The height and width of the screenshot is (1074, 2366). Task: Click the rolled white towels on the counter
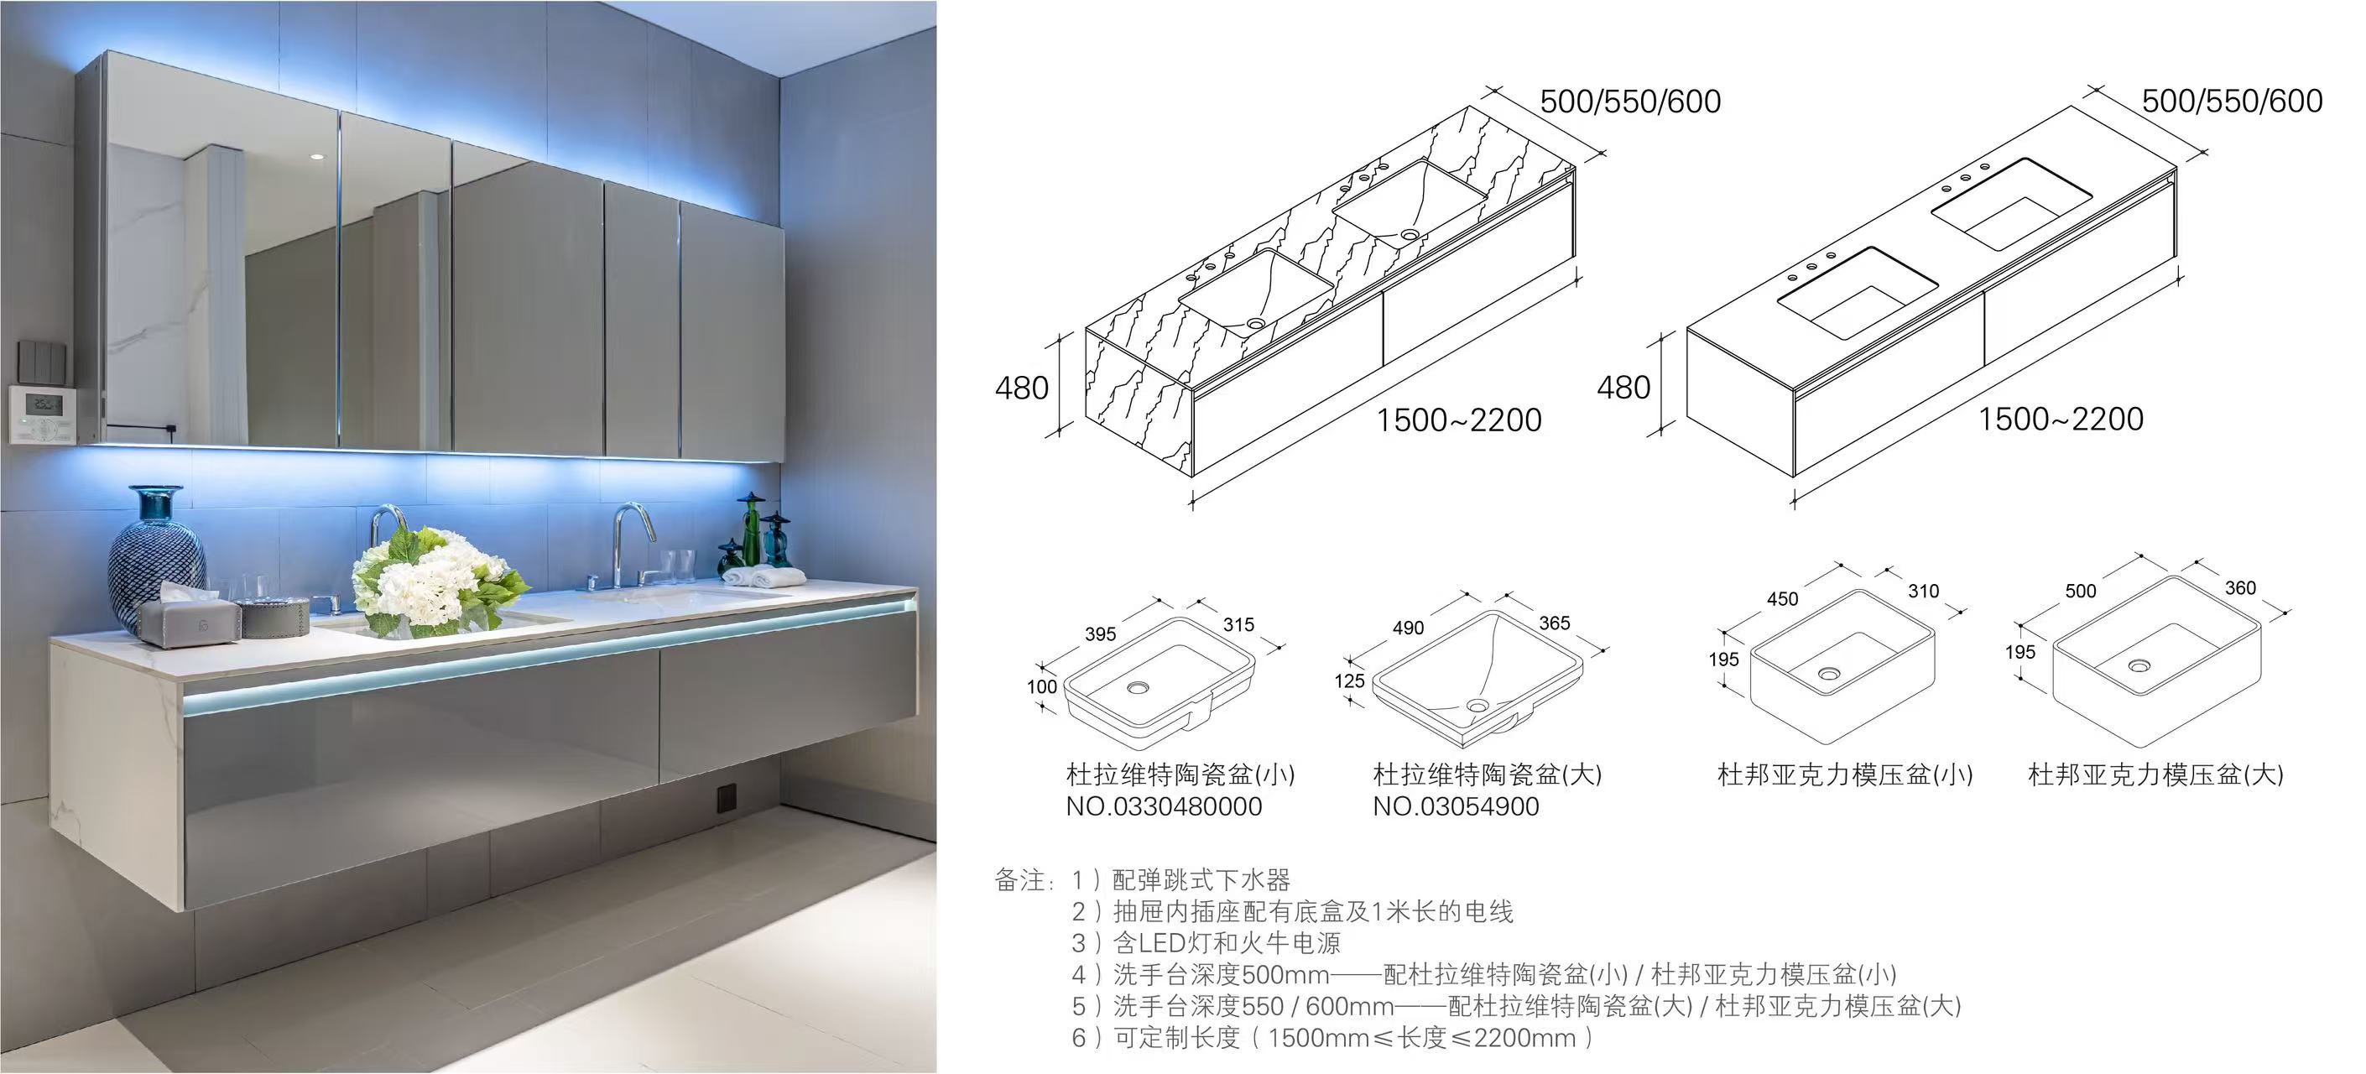(x=763, y=577)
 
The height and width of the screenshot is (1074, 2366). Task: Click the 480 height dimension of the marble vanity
(x=1021, y=388)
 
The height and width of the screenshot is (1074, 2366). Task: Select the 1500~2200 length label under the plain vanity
(x=2060, y=420)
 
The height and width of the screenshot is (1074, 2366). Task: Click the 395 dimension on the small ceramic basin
(x=1099, y=634)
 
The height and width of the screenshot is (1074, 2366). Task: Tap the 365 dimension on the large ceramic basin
(x=1554, y=623)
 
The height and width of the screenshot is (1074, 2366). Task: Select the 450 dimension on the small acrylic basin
(x=1782, y=599)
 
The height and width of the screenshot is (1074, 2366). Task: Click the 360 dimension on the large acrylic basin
(x=2240, y=588)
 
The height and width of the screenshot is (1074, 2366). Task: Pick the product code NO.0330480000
(x=1164, y=806)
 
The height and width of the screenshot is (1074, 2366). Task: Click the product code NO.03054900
(x=1456, y=806)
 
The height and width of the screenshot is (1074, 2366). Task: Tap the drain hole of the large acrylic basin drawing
(x=2139, y=665)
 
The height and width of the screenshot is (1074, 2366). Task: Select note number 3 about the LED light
(x=1206, y=942)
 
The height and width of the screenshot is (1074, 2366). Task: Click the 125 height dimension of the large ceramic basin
(x=1348, y=681)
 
